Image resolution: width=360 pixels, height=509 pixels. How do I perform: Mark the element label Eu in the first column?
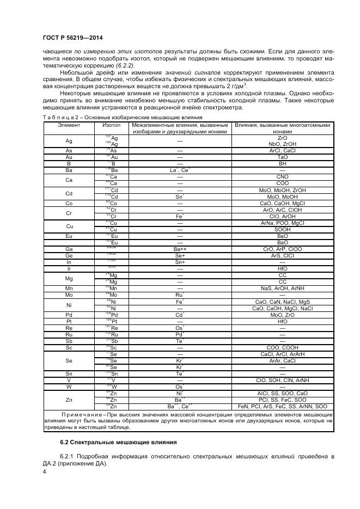(69, 236)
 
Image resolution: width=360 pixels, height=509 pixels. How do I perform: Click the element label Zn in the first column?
(69, 399)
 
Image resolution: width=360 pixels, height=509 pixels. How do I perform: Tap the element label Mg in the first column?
(69, 278)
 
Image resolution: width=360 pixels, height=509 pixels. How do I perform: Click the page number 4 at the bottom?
(44, 472)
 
